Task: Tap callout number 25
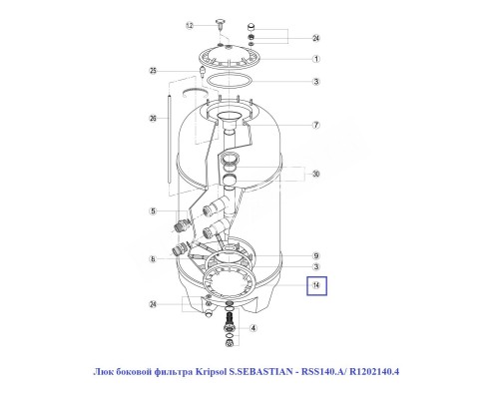point(154,70)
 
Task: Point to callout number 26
point(154,118)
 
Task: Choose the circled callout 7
point(315,126)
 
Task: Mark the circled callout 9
point(315,254)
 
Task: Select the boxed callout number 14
point(316,286)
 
